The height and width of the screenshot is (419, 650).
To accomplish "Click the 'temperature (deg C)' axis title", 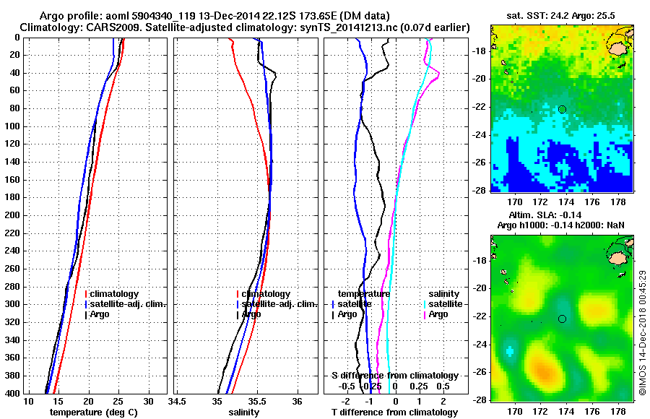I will click(95, 412).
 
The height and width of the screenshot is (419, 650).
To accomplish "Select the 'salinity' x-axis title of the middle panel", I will click(245, 412).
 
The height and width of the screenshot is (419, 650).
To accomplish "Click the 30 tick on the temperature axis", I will click(148, 401).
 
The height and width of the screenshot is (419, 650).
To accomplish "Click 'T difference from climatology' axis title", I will click(394, 412).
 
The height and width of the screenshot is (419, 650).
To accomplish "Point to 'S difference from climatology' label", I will click(394, 376).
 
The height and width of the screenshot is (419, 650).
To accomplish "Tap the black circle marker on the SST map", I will click(562, 109).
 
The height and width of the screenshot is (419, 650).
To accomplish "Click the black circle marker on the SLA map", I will click(562, 319).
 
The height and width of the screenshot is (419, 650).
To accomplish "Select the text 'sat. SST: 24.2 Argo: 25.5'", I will click(561, 16).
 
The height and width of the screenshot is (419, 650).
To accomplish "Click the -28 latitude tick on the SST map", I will click(480, 190).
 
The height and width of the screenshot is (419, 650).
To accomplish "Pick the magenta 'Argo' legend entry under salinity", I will click(438, 314).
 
